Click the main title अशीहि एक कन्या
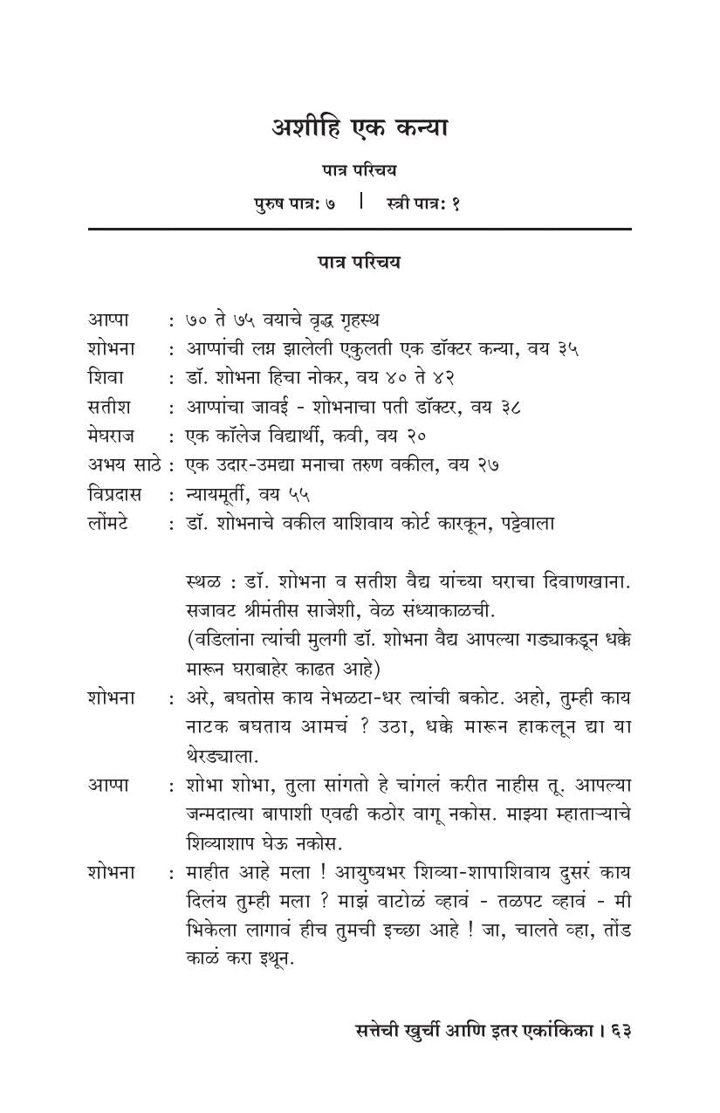(359, 128)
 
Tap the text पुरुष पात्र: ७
(294, 204)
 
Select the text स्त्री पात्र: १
(422, 204)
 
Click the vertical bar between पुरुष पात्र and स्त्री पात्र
(360, 203)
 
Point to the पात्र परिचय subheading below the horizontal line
(359, 262)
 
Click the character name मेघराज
(116, 436)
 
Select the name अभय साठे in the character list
(125, 465)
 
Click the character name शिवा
(106, 378)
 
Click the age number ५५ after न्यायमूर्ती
(299, 495)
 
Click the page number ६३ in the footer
(621, 1030)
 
